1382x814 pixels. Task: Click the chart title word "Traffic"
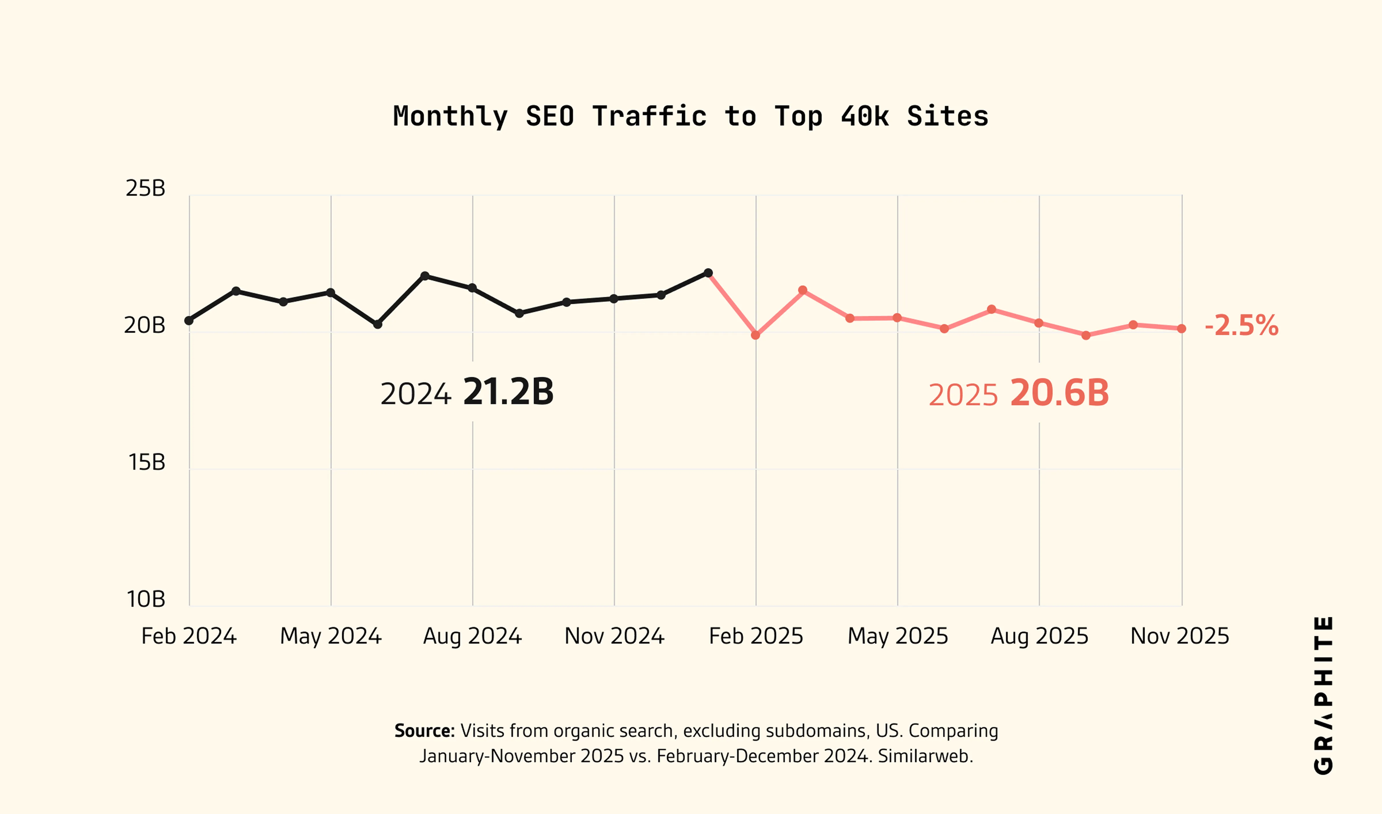point(649,116)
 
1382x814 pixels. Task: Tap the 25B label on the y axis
point(145,188)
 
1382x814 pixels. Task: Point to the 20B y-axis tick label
point(144,325)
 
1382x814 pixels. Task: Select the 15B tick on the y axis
point(147,462)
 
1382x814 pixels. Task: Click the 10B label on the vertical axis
point(145,599)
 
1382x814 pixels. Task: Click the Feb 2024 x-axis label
point(189,636)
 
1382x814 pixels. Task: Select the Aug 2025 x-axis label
point(1039,636)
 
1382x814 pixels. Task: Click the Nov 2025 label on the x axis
point(1180,636)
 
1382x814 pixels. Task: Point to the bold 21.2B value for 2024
point(508,392)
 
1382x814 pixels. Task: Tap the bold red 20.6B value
point(1060,393)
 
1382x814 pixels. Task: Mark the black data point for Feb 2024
point(189,320)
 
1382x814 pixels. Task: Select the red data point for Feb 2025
point(755,335)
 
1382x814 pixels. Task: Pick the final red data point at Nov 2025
point(1182,328)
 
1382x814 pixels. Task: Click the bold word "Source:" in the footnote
point(424,731)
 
